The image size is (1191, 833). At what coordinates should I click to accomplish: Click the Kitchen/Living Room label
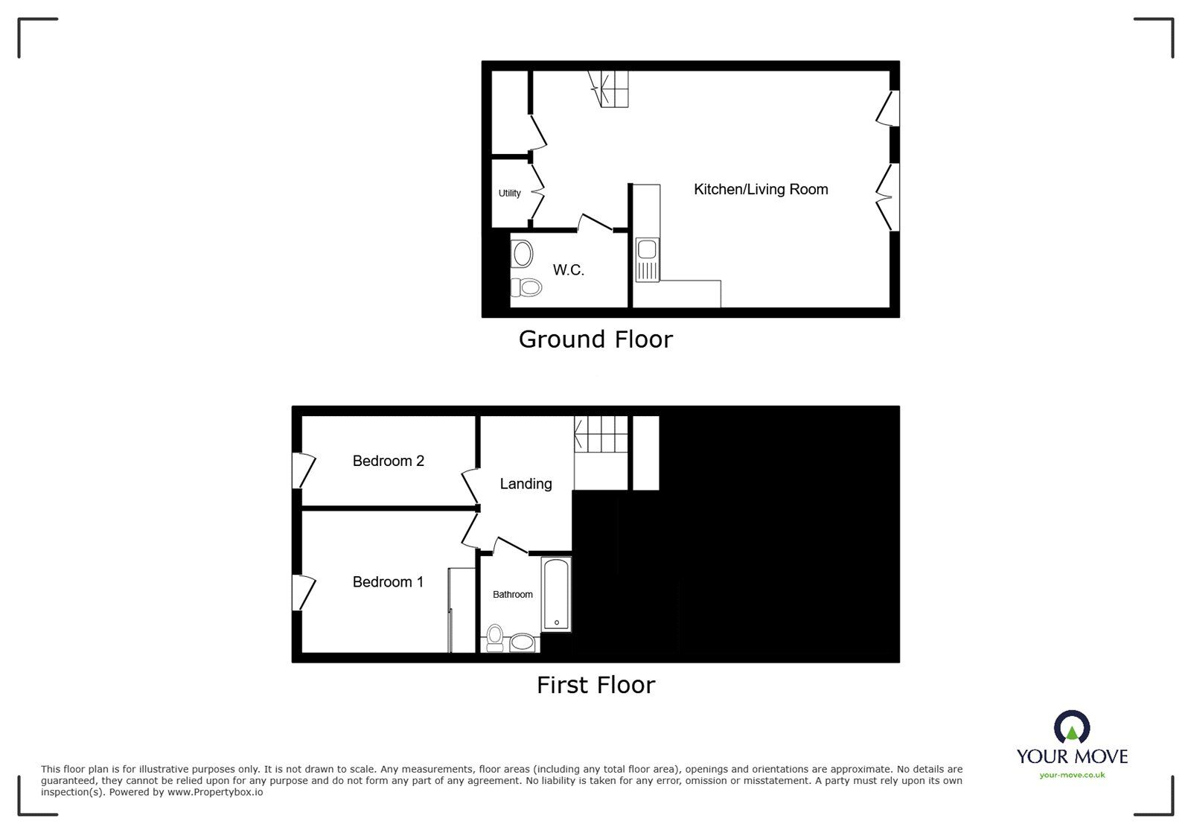point(761,190)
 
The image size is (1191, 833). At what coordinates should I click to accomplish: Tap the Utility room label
point(510,194)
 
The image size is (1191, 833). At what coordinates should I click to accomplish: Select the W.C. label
point(568,270)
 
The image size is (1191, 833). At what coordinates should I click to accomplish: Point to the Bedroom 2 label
point(388,462)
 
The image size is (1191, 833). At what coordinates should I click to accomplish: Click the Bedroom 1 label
point(388,582)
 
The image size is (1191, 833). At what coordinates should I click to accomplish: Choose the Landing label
point(526,484)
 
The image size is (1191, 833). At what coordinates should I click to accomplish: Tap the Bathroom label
point(513,595)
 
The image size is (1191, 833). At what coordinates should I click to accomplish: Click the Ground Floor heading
point(595,339)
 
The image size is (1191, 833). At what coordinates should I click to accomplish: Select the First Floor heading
point(595,685)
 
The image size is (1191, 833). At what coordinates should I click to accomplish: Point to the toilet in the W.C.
point(528,287)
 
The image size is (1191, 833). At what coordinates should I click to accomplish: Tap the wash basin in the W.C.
point(523,255)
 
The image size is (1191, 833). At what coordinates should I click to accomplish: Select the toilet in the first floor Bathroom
point(495,639)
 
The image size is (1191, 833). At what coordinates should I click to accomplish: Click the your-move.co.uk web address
point(1072,776)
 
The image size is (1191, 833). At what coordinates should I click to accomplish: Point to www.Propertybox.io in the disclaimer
point(215,793)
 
